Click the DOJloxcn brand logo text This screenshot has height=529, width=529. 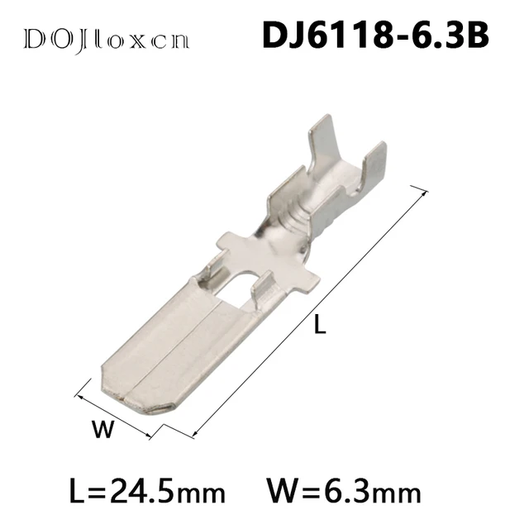[x=107, y=39]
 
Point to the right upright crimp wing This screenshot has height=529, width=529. [x=374, y=165]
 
